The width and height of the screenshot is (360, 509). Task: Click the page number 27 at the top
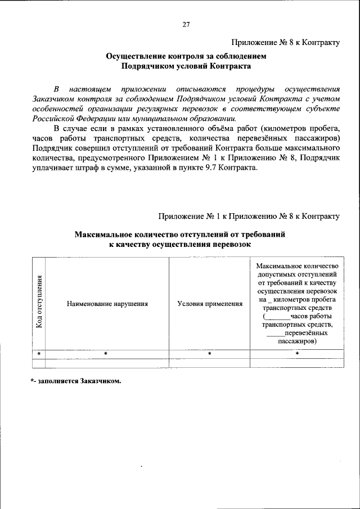point(186,24)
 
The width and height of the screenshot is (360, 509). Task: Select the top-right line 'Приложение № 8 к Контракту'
point(286,42)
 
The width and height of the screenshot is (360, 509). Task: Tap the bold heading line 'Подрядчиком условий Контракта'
point(186,66)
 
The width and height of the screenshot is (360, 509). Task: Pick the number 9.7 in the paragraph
point(216,166)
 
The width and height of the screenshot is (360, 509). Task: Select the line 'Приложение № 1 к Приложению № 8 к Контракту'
point(249,216)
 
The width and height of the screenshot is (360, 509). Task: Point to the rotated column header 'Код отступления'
point(39,302)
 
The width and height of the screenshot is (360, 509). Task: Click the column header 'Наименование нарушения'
point(107,304)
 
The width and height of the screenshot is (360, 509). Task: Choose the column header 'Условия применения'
point(210,304)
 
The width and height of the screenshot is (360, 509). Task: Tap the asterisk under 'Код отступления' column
point(39,353)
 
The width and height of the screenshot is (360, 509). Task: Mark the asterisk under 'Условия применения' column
point(209,353)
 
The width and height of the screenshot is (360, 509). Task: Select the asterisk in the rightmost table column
point(297,353)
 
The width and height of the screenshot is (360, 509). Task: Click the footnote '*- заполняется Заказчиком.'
point(76,381)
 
